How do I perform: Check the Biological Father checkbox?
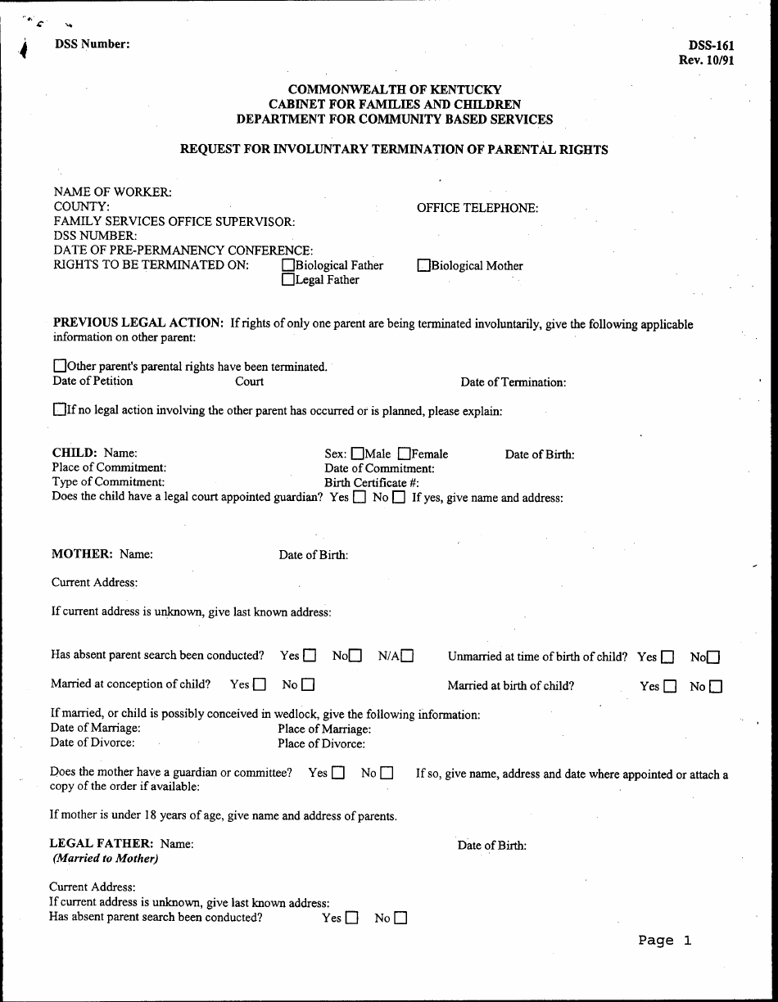tap(288, 265)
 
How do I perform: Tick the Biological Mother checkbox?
tap(423, 265)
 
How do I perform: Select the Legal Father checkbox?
tap(288, 280)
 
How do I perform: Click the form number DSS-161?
tap(711, 46)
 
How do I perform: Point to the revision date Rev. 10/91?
tap(706, 60)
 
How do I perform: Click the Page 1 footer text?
tap(664, 941)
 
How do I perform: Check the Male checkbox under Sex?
tap(358, 454)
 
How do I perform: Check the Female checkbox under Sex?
tap(404, 454)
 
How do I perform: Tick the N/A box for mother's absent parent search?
tap(407, 656)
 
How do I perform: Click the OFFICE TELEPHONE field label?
tap(477, 208)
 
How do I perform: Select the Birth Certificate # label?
tap(372, 482)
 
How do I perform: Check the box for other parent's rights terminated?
tap(59, 366)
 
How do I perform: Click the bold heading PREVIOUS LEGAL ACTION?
tap(138, 323)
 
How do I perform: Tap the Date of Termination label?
tap(513, 381)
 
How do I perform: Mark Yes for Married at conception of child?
tap(260, 684)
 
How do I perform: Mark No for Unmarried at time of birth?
tap(713, 657)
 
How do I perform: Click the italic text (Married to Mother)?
tap(105, 858)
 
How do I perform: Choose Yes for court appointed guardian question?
tap(360, 497)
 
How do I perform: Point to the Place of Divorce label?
tap(321, 743)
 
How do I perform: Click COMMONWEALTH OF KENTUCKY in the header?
tap(395, 89)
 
